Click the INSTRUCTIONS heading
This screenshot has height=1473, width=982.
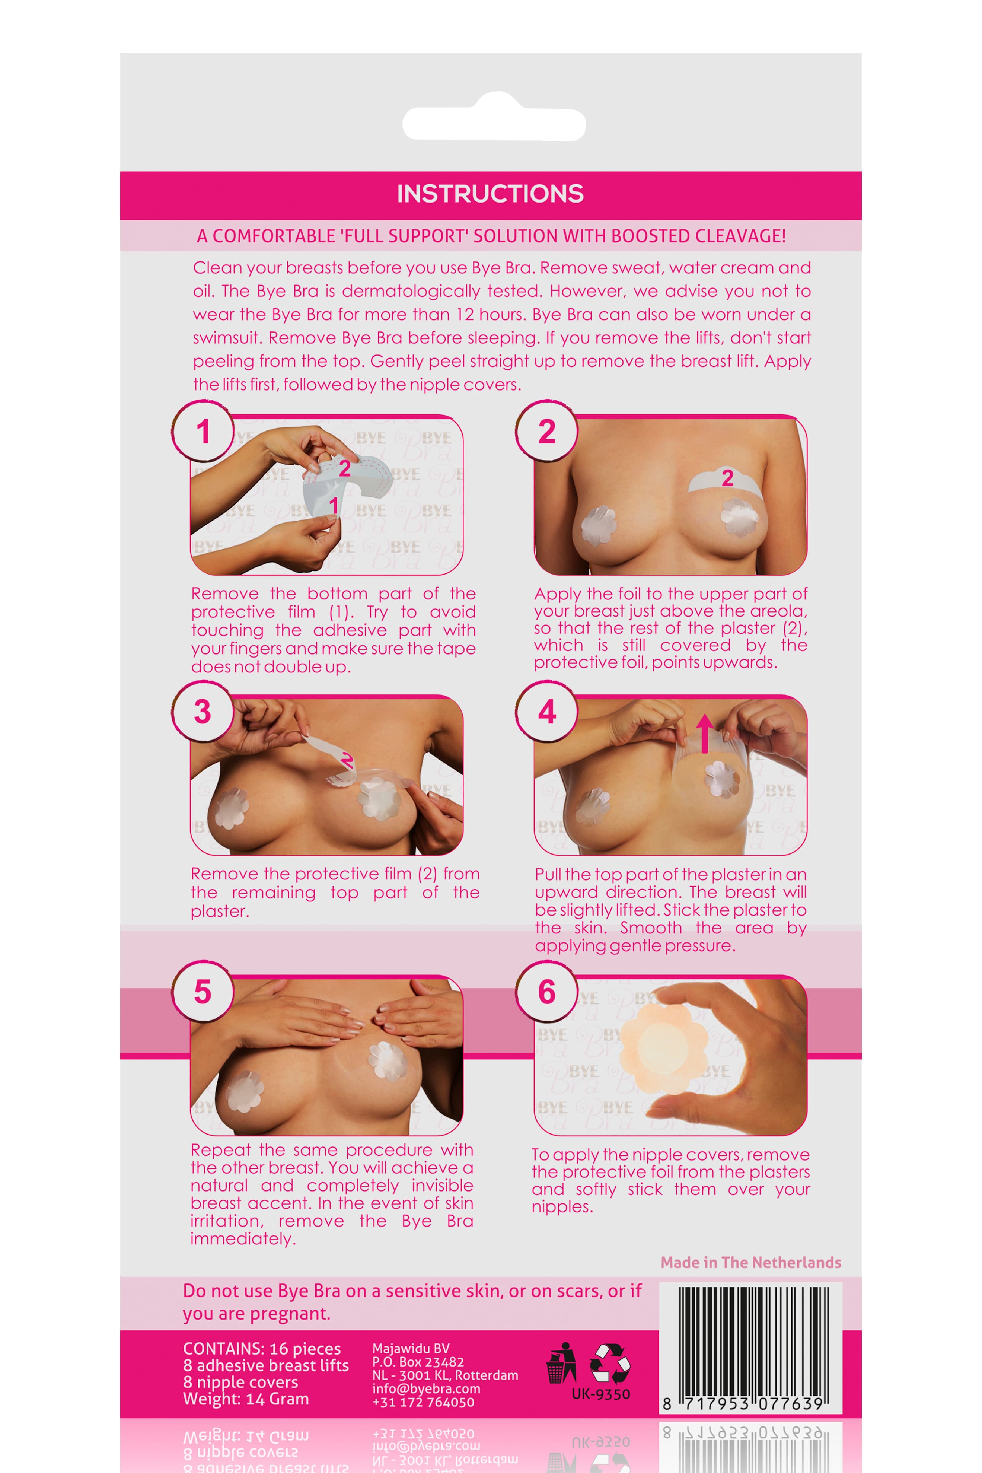[x=490, y=194]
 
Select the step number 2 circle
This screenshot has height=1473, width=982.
[x=547, y=432]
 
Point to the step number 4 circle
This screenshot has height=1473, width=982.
[x=547, y=712]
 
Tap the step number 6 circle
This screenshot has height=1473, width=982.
[x=547, y=992]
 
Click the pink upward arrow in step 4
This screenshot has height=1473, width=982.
[x=705, y=733]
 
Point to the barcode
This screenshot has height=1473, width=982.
[x=750, y=1348]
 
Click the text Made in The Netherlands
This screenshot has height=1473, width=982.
[x=751, y=1263]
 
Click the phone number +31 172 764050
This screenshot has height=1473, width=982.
[x=423, y=1403]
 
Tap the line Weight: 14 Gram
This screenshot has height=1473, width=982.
[x=246, y=1399]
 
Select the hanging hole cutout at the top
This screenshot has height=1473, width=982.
[x=494, y=118]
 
